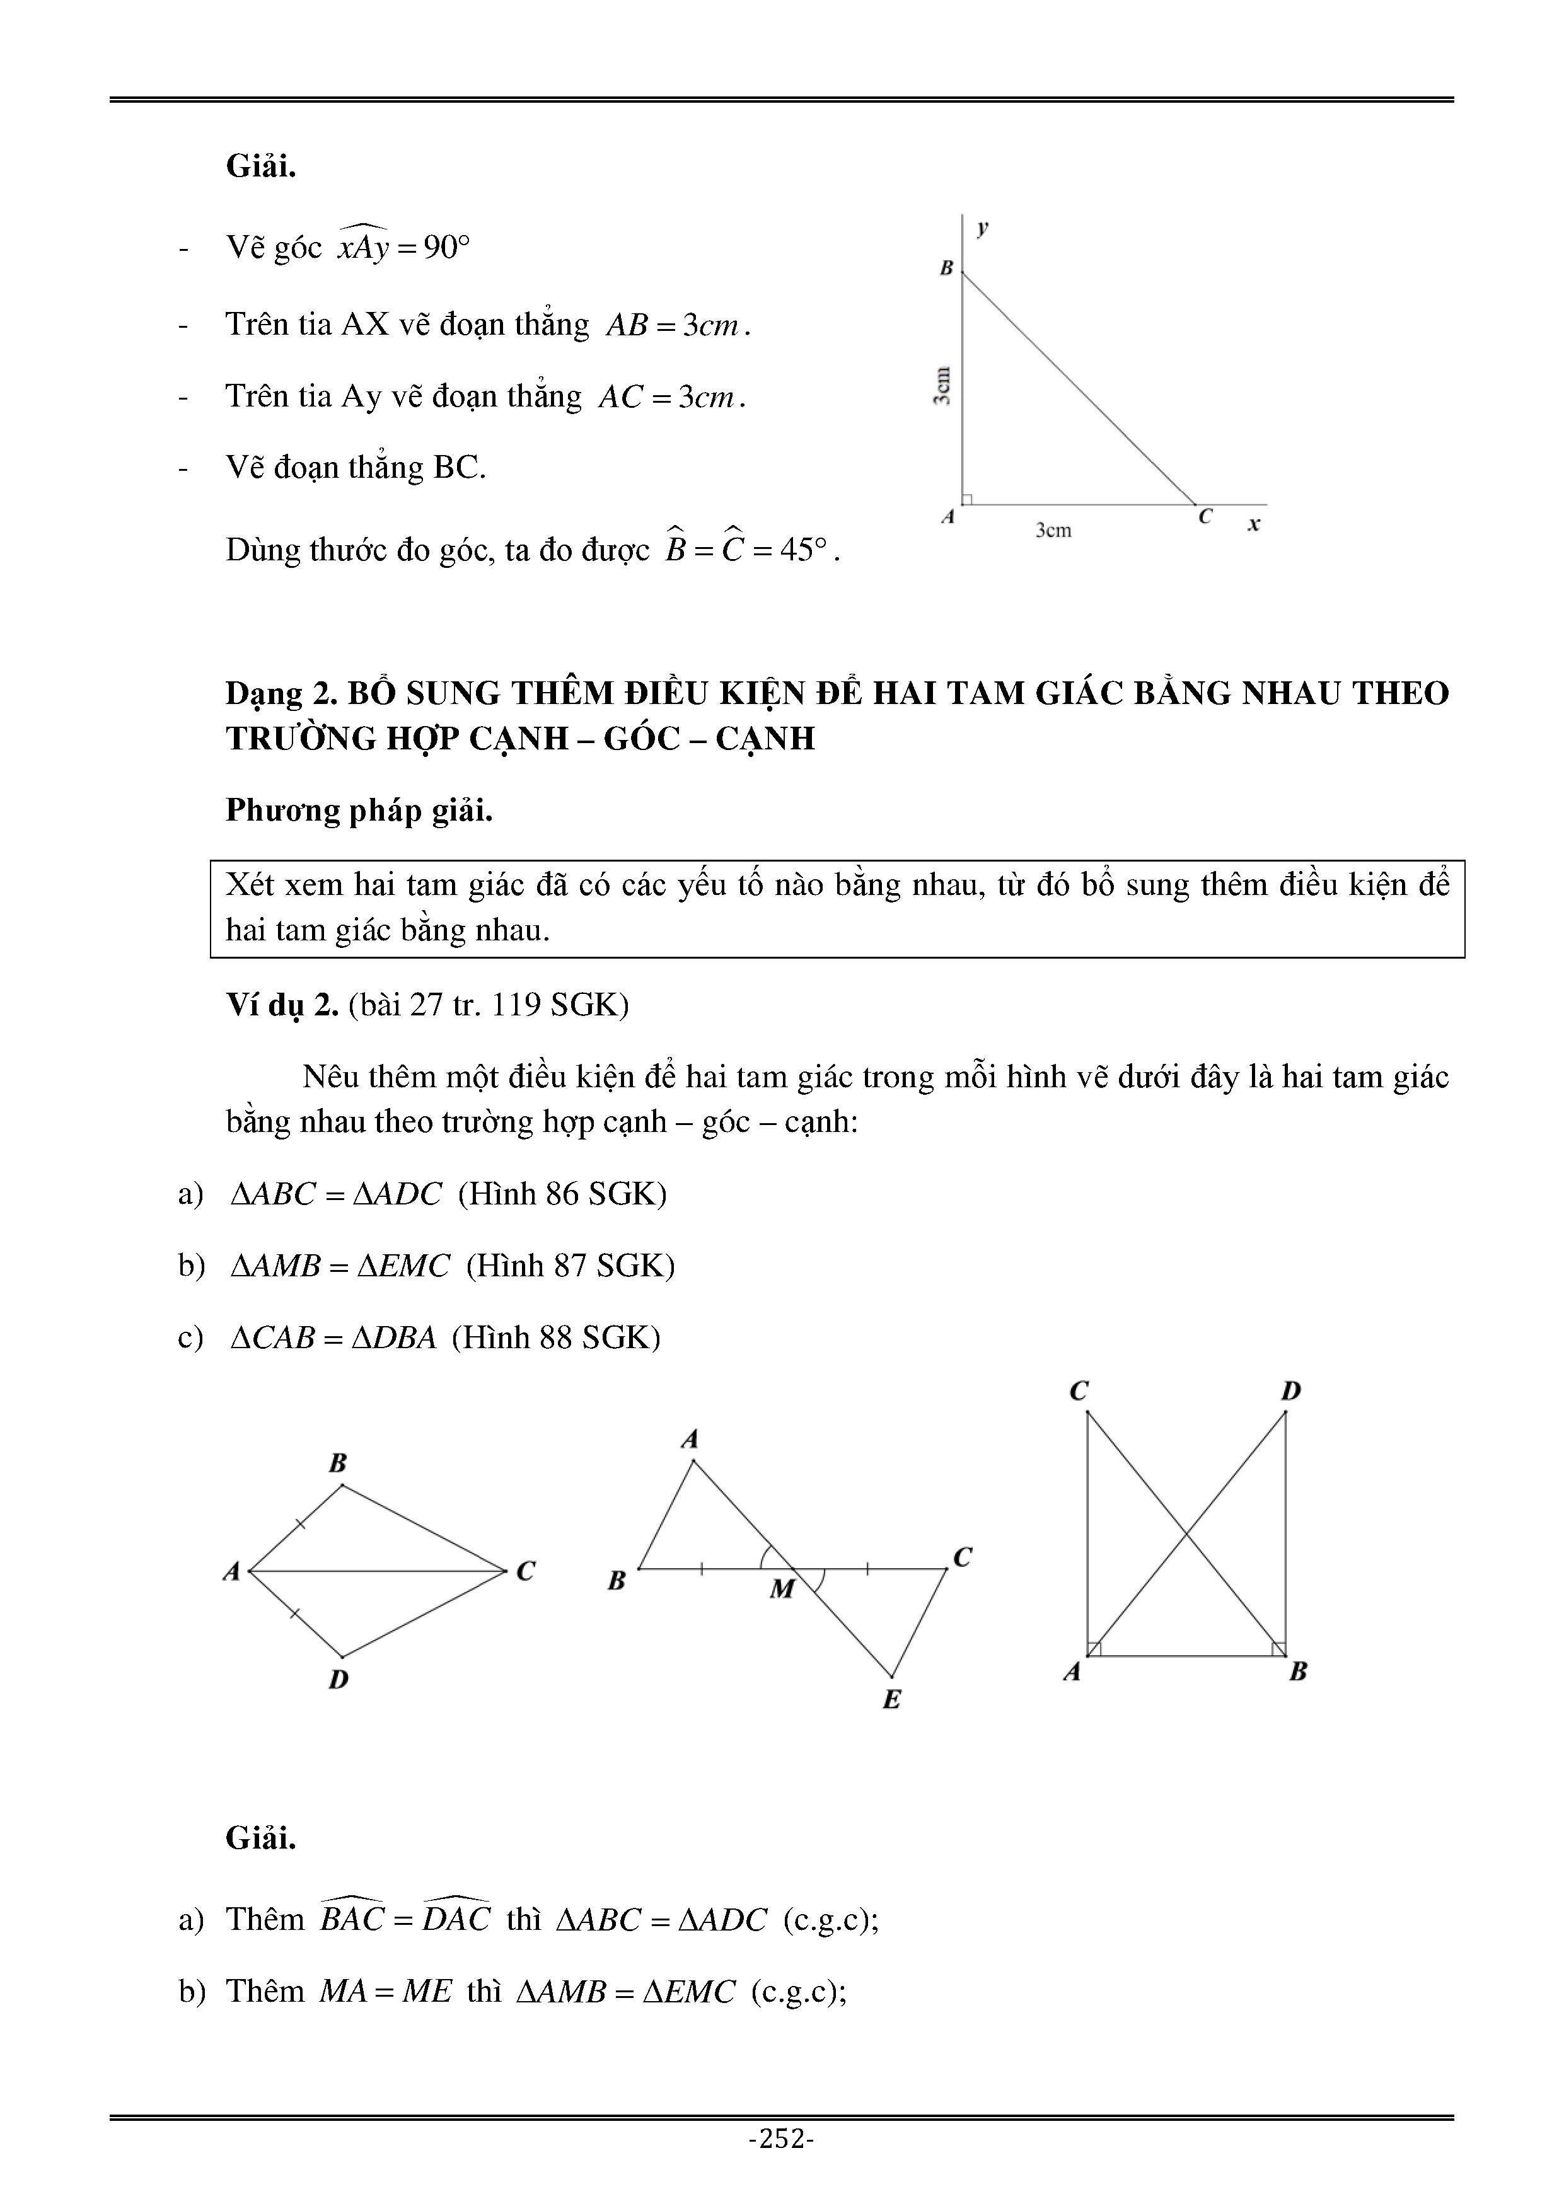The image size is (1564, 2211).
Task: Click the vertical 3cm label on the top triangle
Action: pyautogui.click(x=943, y=385)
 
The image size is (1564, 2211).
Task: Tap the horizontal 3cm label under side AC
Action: pyautogui.click(x=1053, y=529)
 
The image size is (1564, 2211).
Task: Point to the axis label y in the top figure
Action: pyautogui.click(x=982, y=228)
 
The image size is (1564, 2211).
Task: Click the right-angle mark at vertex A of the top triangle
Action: pyautogui.click(x=967, y=499)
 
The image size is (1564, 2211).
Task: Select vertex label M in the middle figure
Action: pyautogui.click(x=781, y=1589)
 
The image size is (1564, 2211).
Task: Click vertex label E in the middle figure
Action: pyautogui.click(x=892, y=1700)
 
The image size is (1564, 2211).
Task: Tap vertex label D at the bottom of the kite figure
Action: pyautogui.click(x=338, y=1680)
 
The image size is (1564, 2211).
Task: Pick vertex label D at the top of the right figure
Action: pyautogui.click(x=1290, y=1390)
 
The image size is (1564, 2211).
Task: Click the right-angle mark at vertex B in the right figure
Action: pyautogui.click(x=1278, y=1649)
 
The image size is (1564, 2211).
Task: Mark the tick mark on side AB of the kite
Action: pyautogui.click(x=299, y=1523)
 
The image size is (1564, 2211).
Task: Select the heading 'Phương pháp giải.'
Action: pyautogui.click(x=359, y=811)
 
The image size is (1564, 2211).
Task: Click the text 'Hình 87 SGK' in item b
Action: pyautogui.click(x=570, y=1266)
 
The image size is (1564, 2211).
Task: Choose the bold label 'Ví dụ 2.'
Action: pyautogui.click(x=281, y=1005)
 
